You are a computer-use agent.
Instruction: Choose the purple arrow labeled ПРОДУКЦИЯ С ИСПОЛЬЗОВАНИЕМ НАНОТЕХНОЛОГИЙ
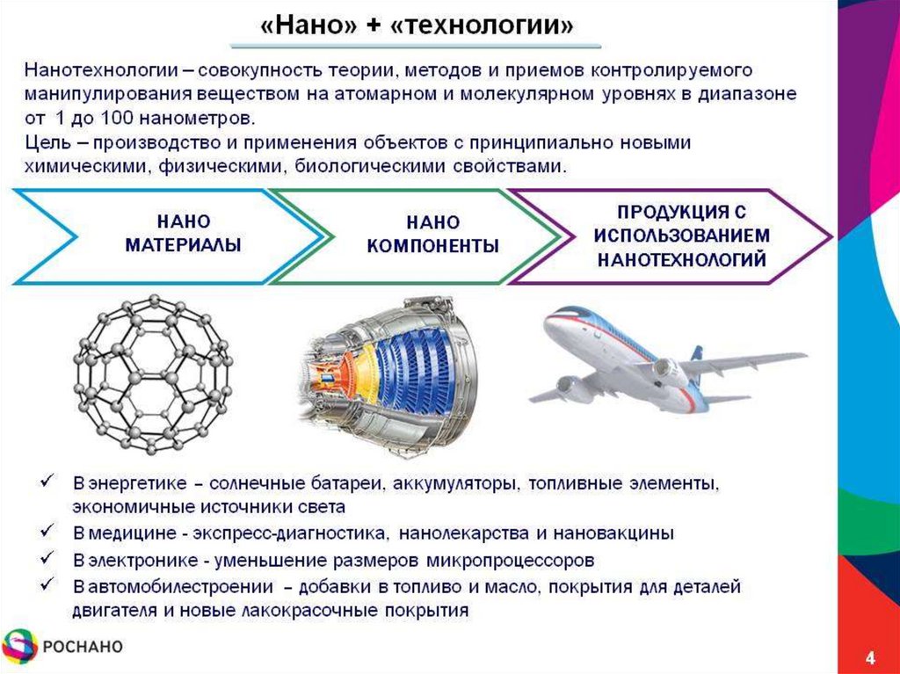682,236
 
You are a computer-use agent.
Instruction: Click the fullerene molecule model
151,374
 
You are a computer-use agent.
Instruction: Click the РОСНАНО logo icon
20,648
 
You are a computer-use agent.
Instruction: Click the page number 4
870,658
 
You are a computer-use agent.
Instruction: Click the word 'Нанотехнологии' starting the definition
85,69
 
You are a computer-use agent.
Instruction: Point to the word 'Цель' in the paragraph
43,142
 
